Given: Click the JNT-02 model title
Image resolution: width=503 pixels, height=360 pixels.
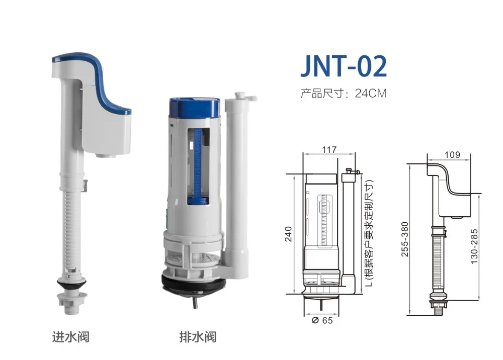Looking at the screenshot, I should coord(344,66).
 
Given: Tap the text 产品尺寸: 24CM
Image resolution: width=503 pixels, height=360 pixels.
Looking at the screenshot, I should coord(343,94).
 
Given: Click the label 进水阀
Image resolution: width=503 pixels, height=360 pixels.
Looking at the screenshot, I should coord(71,335).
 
